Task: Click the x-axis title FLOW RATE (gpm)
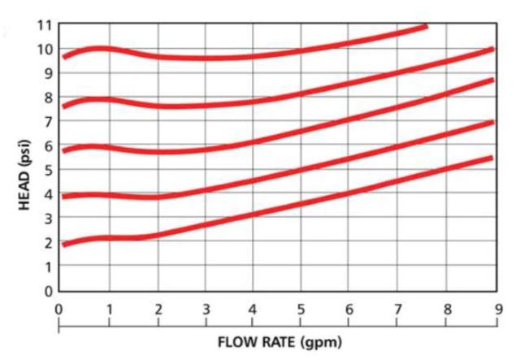pos(279,342)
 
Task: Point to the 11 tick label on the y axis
pos(45,25)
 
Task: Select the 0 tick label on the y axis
pos(49,290)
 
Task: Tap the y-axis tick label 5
pos(49,170)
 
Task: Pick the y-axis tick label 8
pos(49,98)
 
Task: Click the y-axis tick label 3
pos(49,218)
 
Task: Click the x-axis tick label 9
pos(495,310)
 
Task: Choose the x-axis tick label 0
pos(59,310)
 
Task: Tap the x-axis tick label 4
pos(253,310)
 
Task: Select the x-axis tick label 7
pos(398,310)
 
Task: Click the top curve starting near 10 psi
pos(244,57)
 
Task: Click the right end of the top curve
pos(424,28)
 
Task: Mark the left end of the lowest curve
pos(65,244)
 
